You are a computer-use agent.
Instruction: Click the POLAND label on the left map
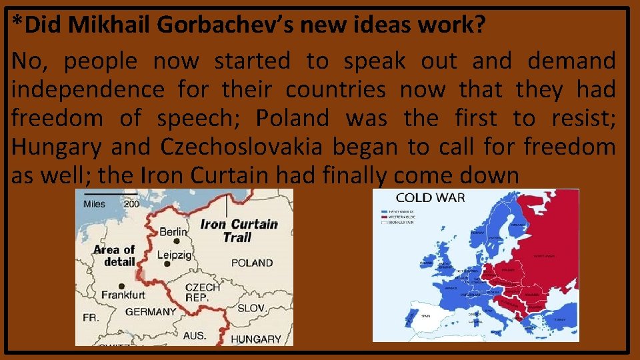click(x=252, y=263)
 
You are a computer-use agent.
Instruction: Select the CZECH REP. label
click(x=203, y=292)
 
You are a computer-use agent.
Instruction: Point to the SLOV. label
click(x=252, y=308)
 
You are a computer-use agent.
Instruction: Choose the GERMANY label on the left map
click(x=151, y=311)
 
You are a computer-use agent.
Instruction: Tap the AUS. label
click(x=196, y=335)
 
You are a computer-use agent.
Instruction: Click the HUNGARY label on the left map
click(x=256, y=339)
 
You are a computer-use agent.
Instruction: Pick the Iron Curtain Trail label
click(x=238, y=231)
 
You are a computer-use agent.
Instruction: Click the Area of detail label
click(x=115, y=255)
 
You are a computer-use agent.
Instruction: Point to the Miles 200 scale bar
click(x=111, y=200)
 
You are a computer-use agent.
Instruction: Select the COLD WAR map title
click(x=430, y=197)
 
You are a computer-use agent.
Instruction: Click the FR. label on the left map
click(x=90, y=318)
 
